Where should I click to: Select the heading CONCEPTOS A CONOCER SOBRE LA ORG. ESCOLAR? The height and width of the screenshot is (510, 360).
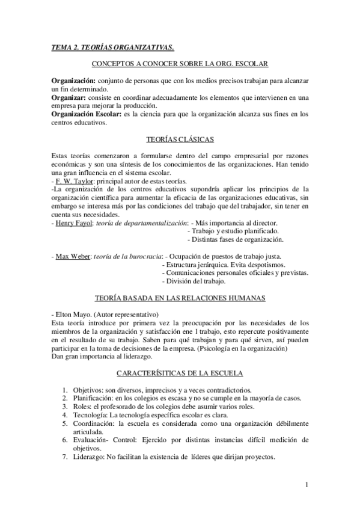[180, 64]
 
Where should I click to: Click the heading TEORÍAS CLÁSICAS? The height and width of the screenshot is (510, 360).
[180, 140]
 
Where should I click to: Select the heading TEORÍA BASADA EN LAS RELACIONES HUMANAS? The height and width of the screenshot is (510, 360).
[180, 298]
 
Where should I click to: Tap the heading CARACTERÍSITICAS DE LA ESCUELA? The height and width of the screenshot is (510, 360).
[180, 372]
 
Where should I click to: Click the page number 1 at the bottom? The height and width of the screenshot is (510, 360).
[307, 485]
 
